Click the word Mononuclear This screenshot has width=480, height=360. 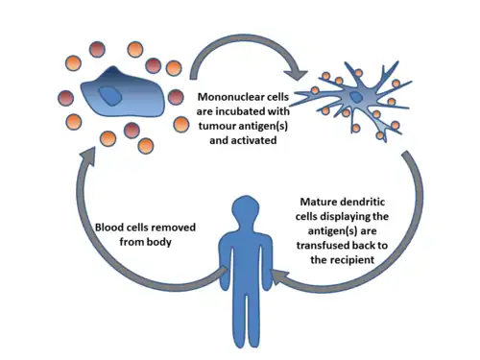(228, 97)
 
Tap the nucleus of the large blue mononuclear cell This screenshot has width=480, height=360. (110, 96)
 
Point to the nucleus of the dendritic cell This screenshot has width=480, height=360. (355, 97)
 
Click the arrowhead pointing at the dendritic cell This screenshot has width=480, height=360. (296, 73)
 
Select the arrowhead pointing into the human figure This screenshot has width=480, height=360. (280, 276)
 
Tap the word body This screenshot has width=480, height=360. (159, 242)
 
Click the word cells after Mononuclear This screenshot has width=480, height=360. (276, 97)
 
